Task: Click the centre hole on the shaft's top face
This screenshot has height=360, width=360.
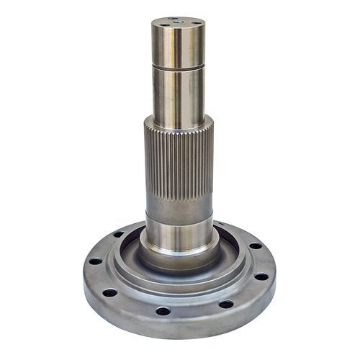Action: pos(177,23)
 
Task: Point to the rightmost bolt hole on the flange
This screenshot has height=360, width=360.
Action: pos(261,276)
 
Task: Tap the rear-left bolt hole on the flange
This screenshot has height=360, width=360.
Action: pos(117,234)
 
